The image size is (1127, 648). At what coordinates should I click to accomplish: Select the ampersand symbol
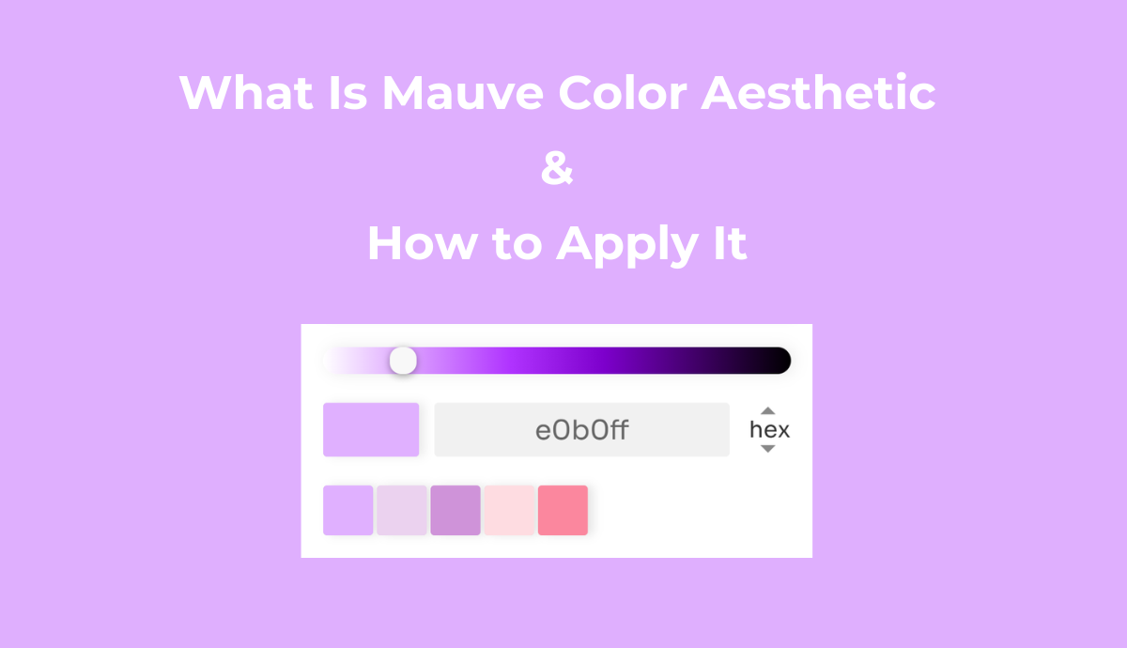(x=557, y=170)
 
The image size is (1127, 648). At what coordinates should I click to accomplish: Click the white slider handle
(x=403, y=361)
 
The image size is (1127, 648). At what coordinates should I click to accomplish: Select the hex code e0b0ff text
(x=581, y=430)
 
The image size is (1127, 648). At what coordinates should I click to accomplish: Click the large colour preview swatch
(x=371, y=430)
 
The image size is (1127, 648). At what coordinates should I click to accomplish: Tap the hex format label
(x=769, y=430)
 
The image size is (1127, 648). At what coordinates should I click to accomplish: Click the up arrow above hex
(x=768, y=410)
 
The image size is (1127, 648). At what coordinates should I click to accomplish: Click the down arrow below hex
(x=768, y=449)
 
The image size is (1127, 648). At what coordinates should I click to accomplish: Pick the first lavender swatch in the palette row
(x=348, y=510)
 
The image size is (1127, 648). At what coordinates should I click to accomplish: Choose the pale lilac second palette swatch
(x=402, y=510)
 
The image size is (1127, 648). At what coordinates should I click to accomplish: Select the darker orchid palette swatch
(x=455, y=510)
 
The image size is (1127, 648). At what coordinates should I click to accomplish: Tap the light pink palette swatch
(x=509, y=510)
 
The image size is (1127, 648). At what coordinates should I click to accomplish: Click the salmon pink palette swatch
(x=563, y=510)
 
